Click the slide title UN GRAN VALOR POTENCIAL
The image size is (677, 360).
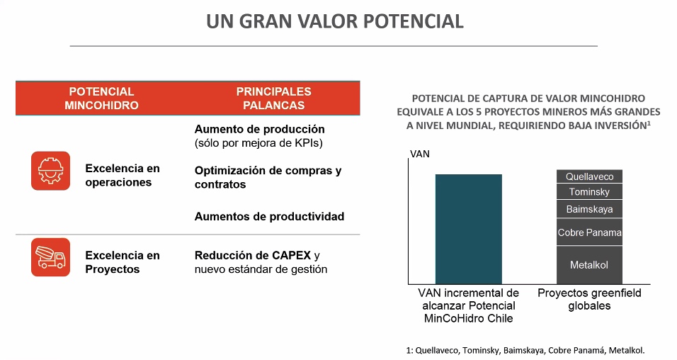coord(335,21)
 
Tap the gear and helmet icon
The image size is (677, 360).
coord(50,171)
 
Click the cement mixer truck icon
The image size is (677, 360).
coord(50,257)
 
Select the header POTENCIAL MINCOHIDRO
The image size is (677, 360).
coord(101,98)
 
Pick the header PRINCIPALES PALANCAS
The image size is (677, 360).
coord(274,98)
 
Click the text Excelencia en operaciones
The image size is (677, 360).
coord(123,175)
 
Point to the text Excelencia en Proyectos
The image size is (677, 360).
coord(123,262)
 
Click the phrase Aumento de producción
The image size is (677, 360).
coord(259,129)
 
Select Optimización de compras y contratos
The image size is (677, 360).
coord(268,177)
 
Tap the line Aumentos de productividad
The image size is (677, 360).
coord(269,216)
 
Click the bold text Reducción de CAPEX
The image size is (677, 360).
coord(253,255)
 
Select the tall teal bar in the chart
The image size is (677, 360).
coord(469,229)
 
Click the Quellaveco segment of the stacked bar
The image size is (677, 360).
coord(589,176)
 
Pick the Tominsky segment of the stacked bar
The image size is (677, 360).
coord(589,191)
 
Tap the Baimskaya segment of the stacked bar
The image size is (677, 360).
coord(589,209)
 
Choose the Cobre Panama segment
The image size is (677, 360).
coord(589,232)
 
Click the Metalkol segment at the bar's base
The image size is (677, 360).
coord(589,265)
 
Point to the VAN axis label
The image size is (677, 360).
coord(420,154)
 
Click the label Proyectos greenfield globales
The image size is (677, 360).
coord(589,299)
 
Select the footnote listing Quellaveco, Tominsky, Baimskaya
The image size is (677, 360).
coord(525,350)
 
